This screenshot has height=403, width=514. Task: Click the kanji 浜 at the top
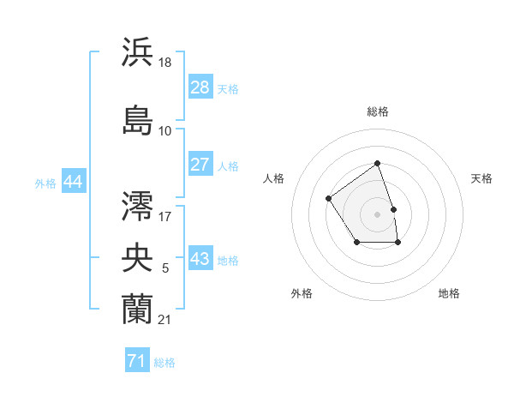pyautogui.click(x=138, y=51)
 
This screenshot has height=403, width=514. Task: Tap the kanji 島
pyautogui.click(x=138, y=120)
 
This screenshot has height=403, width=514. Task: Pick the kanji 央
pyautogui.click(x=138, y=257)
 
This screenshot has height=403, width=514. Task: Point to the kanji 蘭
pyautogui.click(x=138, y=308)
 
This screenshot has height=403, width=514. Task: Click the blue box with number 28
pyautogui.click(x=200, y=87)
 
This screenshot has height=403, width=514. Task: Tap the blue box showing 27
pyautogui.click(x=200, y=165)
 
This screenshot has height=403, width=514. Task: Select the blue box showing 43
pyautogui.click(x=200, y=259)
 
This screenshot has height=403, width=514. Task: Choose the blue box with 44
pyautogui.click(x=73, y=182)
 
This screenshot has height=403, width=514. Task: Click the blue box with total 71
pyautogui.click(x=137, y=361)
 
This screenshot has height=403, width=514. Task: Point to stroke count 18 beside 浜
pyautogui.click(x=166, y=62)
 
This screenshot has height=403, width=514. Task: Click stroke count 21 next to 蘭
pyautogui.click(x=165, y=320)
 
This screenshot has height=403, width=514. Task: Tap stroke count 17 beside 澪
pyautogui.click(x=165, y=216)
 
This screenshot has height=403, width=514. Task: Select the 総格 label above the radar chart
pyautogui.click(x=378, y=111)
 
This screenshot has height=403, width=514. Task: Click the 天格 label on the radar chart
pyautogui.click(x=481, y=178)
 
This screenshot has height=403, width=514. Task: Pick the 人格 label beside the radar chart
pyautogui.click(x=273, y=178)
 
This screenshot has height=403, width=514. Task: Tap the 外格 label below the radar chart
pyautogui.click(x=301, y=293)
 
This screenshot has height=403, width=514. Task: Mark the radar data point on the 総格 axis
pyautogui.click(x=377, y=164)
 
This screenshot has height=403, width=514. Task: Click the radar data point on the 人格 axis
pyautogui.click(x=330, y=199)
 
